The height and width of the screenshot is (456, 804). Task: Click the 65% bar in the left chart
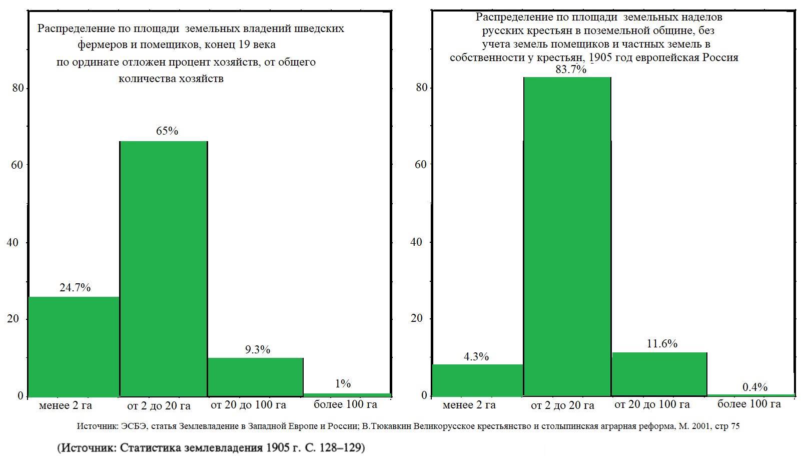pos(163,268)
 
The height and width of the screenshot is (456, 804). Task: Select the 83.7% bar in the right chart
pos(567,236)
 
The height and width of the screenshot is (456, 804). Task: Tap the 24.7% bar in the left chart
pos(74,346)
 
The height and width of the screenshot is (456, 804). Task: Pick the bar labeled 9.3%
pos(255,377)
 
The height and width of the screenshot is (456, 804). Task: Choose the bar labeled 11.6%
pos(659,374)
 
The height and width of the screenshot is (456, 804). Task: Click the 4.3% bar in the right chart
pos(477,380)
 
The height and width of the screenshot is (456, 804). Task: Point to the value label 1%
pos(343,384)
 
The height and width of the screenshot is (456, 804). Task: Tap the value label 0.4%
pos(754,387)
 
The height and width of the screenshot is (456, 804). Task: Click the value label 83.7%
pos(570,70)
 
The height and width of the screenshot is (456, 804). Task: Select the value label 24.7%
pos(75,288)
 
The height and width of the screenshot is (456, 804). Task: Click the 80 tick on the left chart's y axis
pos(18,88)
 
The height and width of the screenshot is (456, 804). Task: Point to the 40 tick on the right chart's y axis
pos(416,242)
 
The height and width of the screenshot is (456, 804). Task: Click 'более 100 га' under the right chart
pos(748,404)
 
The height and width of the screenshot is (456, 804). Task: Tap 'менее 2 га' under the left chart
pos(66,405)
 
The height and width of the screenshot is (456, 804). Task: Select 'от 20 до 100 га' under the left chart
pos(248,404)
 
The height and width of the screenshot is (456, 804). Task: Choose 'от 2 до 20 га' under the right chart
pos(562,405)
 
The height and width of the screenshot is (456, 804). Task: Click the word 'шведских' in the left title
pos(321,29)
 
